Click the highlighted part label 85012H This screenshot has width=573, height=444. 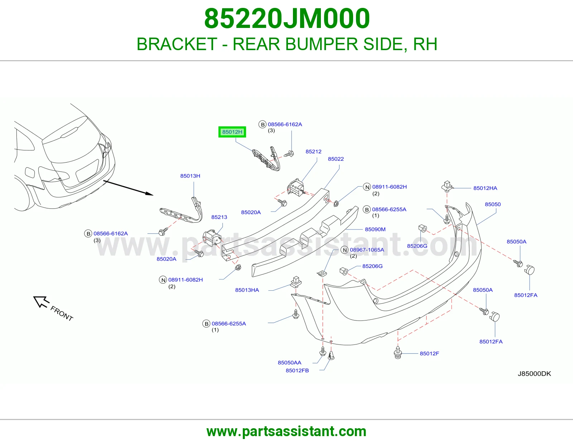(232, 132)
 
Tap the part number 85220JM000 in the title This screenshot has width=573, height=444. (287, 19)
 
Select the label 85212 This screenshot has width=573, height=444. (313, 151)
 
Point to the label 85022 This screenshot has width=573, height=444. (336, 159)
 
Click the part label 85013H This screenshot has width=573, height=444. (190, 176)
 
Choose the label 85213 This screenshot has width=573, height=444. (219, 217)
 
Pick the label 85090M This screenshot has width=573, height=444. (375, 230)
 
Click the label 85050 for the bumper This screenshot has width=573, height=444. (492, 204)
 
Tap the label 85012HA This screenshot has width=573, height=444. (485, 188)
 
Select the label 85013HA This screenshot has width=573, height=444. (247, 290)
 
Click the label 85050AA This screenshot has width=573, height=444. (289, 362)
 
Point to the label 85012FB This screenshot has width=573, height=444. (297, 371)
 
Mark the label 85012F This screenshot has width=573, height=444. (429, 353)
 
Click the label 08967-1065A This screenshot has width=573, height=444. (367, 250)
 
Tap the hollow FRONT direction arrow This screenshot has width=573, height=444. (41, 301)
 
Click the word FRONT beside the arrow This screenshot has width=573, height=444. (62, 314)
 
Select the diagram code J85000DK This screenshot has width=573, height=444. (534, 373)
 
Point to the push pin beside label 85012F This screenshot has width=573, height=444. (398, 352)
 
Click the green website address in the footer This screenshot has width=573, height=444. (286, 431)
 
